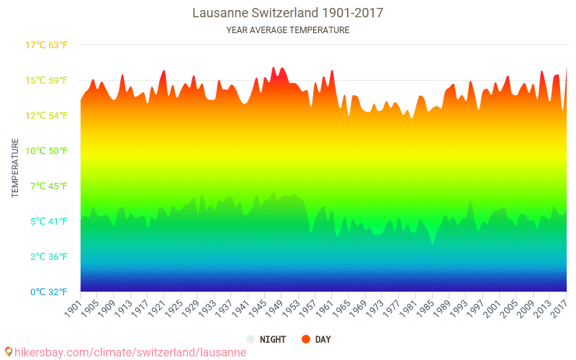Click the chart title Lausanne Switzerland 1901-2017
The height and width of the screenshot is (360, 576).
click(287, 13)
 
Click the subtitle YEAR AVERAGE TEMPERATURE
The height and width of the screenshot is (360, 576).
click(287, 30)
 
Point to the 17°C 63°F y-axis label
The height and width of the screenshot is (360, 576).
click(47, 45)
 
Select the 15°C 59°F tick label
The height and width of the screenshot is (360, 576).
click(47, 80)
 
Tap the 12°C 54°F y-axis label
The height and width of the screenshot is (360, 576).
click(47, 115)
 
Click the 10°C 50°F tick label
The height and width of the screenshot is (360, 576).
click(47, 150)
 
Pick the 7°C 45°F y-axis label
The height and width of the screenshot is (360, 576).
click(47, 186)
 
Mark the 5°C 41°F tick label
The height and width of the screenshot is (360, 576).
click(47, 221)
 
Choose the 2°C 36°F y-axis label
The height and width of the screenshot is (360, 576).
click(47, 256)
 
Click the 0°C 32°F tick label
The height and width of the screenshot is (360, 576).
click(47, 292)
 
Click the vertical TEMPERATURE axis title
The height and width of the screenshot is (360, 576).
click(15, 168)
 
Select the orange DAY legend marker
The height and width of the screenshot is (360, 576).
click(306, 339)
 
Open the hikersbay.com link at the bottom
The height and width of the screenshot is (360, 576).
click(126, 352)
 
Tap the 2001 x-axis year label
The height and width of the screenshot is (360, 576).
click(490, 307)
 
